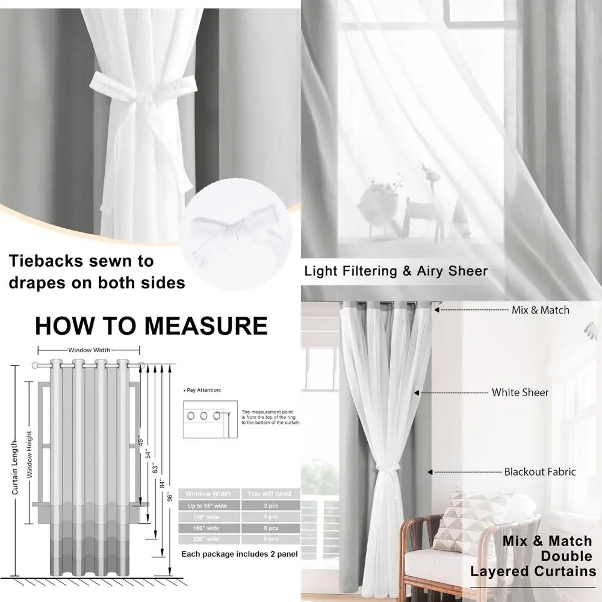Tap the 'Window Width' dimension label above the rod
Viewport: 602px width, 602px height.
tap(88, 350)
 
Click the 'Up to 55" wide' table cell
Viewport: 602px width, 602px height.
tap(208, 505)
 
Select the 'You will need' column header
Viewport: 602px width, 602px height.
tap(269, 494)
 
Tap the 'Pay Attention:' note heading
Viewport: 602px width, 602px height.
tap(204, 390)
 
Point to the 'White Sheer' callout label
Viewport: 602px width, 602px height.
tap(520, 393)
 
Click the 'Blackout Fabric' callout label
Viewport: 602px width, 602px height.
tap(540, 472)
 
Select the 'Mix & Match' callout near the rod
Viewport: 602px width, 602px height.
tap(540, 310)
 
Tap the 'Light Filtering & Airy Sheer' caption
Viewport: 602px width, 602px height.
tap(396, 271)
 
